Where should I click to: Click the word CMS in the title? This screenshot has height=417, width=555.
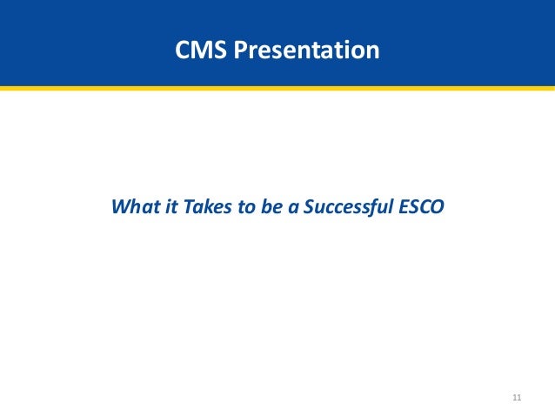197,50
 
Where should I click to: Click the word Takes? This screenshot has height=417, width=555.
197,209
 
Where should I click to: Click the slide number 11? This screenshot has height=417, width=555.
517,398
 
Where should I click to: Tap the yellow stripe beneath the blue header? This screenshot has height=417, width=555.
277,87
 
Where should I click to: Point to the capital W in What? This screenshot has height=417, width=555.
120,209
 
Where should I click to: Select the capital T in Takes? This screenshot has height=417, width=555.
181,209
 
